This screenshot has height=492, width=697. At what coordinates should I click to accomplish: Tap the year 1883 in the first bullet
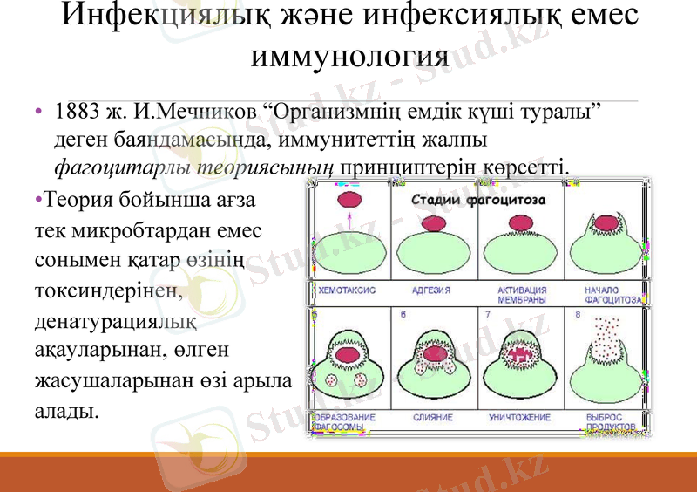point(74,113)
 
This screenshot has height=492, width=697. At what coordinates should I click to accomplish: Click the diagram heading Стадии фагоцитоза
point(478,201)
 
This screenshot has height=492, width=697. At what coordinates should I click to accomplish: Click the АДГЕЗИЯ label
point(432,290)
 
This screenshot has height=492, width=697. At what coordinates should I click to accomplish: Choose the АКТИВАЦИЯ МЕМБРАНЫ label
point(521,294)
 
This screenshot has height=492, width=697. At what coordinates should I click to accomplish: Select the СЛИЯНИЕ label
point(433,418)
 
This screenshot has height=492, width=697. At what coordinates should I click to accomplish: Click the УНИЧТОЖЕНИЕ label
point(519,418)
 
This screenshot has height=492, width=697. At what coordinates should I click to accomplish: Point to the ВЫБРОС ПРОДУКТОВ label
point(609,422)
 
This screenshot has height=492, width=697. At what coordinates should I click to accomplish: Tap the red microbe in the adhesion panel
point(434,224)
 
